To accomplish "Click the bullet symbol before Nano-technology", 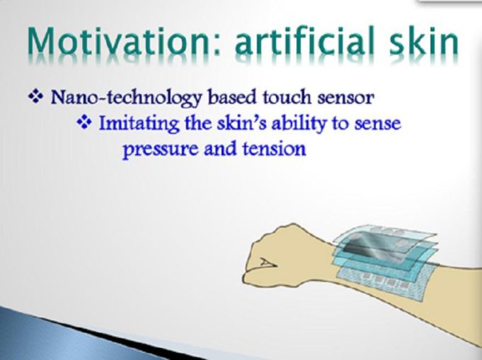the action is (35, 97).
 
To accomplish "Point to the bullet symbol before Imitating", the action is (84, 123).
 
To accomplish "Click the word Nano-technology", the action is (127, 98).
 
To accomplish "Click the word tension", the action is (275, 149).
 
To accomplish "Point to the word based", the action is (232, 97).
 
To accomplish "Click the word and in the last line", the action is (220, 149).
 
